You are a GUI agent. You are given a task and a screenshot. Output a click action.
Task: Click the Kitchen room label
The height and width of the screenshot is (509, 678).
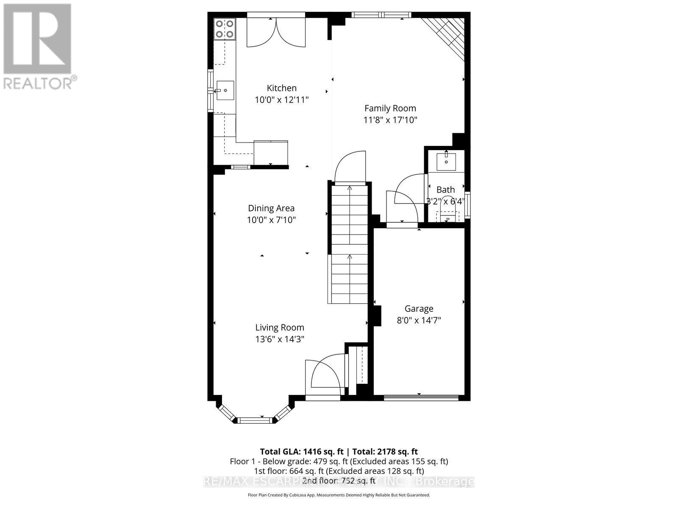(x=281, y=88)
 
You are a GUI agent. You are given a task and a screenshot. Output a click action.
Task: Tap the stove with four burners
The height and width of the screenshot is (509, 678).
(x=225, y=29)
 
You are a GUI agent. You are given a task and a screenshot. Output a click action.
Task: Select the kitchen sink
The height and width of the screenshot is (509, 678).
(x=225, y=90)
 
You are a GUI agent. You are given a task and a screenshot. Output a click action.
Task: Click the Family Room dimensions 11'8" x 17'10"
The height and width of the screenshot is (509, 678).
(x=390, y=120)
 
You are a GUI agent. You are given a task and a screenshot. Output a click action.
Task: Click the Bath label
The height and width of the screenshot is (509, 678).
(x=445, y=190)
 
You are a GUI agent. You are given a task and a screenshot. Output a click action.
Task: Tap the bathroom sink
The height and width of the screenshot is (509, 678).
(x=446, y=161)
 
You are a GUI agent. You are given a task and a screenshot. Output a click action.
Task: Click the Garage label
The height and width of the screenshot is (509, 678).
(x=419, y=309)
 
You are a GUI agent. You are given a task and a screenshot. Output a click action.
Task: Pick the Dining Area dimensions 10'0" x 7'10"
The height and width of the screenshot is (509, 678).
(x=271, y=220)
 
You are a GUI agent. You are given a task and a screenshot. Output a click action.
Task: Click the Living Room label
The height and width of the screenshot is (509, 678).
(x=279, y=327)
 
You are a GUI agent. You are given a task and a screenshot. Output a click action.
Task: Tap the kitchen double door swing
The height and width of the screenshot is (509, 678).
(x=276, y=33)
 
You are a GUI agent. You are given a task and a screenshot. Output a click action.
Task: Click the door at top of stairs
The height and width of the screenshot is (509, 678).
(x=350, y=168)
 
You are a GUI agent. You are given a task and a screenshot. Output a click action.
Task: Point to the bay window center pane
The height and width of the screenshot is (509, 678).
(x=254, y=420)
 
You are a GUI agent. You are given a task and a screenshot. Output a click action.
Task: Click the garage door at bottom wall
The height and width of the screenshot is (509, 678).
(x=421, y=397)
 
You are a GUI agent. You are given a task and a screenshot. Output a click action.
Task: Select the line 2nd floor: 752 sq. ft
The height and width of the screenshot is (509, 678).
(x=339, y=481)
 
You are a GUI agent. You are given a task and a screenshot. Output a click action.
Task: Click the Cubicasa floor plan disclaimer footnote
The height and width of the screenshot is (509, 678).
(x=339, y=495)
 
